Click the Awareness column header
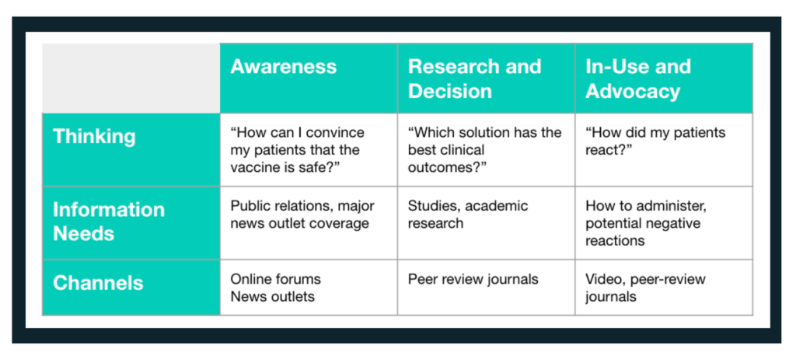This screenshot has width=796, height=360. point(283,67)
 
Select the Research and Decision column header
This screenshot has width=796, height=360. point(475,79)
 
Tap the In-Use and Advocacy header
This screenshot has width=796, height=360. point(638,79)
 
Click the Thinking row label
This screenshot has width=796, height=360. point(94,137)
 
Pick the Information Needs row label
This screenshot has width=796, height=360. point(109,222)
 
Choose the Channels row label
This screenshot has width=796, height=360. point(98,283)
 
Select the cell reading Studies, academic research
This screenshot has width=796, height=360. point(467,215)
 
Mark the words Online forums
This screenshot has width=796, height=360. point(276,279)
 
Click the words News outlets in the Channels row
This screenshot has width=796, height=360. point(272,296)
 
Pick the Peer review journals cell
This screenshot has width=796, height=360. point(473,279)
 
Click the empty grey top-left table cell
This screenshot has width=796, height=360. point(131,79)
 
